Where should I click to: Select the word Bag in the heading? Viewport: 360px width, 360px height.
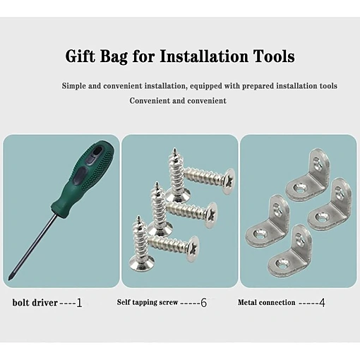[114, 57]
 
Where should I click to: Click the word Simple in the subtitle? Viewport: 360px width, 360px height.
[73, 86]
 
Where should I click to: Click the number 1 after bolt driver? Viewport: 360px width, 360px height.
[79, 303]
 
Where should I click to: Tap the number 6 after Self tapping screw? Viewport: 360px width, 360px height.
[204, 303]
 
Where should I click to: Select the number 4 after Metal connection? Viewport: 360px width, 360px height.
[322, 303]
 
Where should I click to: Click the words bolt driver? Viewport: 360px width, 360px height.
[35, 303]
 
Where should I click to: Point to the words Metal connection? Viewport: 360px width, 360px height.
[266, 302]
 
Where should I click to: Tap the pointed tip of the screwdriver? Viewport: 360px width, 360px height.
[10, 280]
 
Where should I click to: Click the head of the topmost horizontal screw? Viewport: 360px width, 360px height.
[229, 181]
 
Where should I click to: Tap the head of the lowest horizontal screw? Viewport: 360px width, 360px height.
[193, 249]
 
